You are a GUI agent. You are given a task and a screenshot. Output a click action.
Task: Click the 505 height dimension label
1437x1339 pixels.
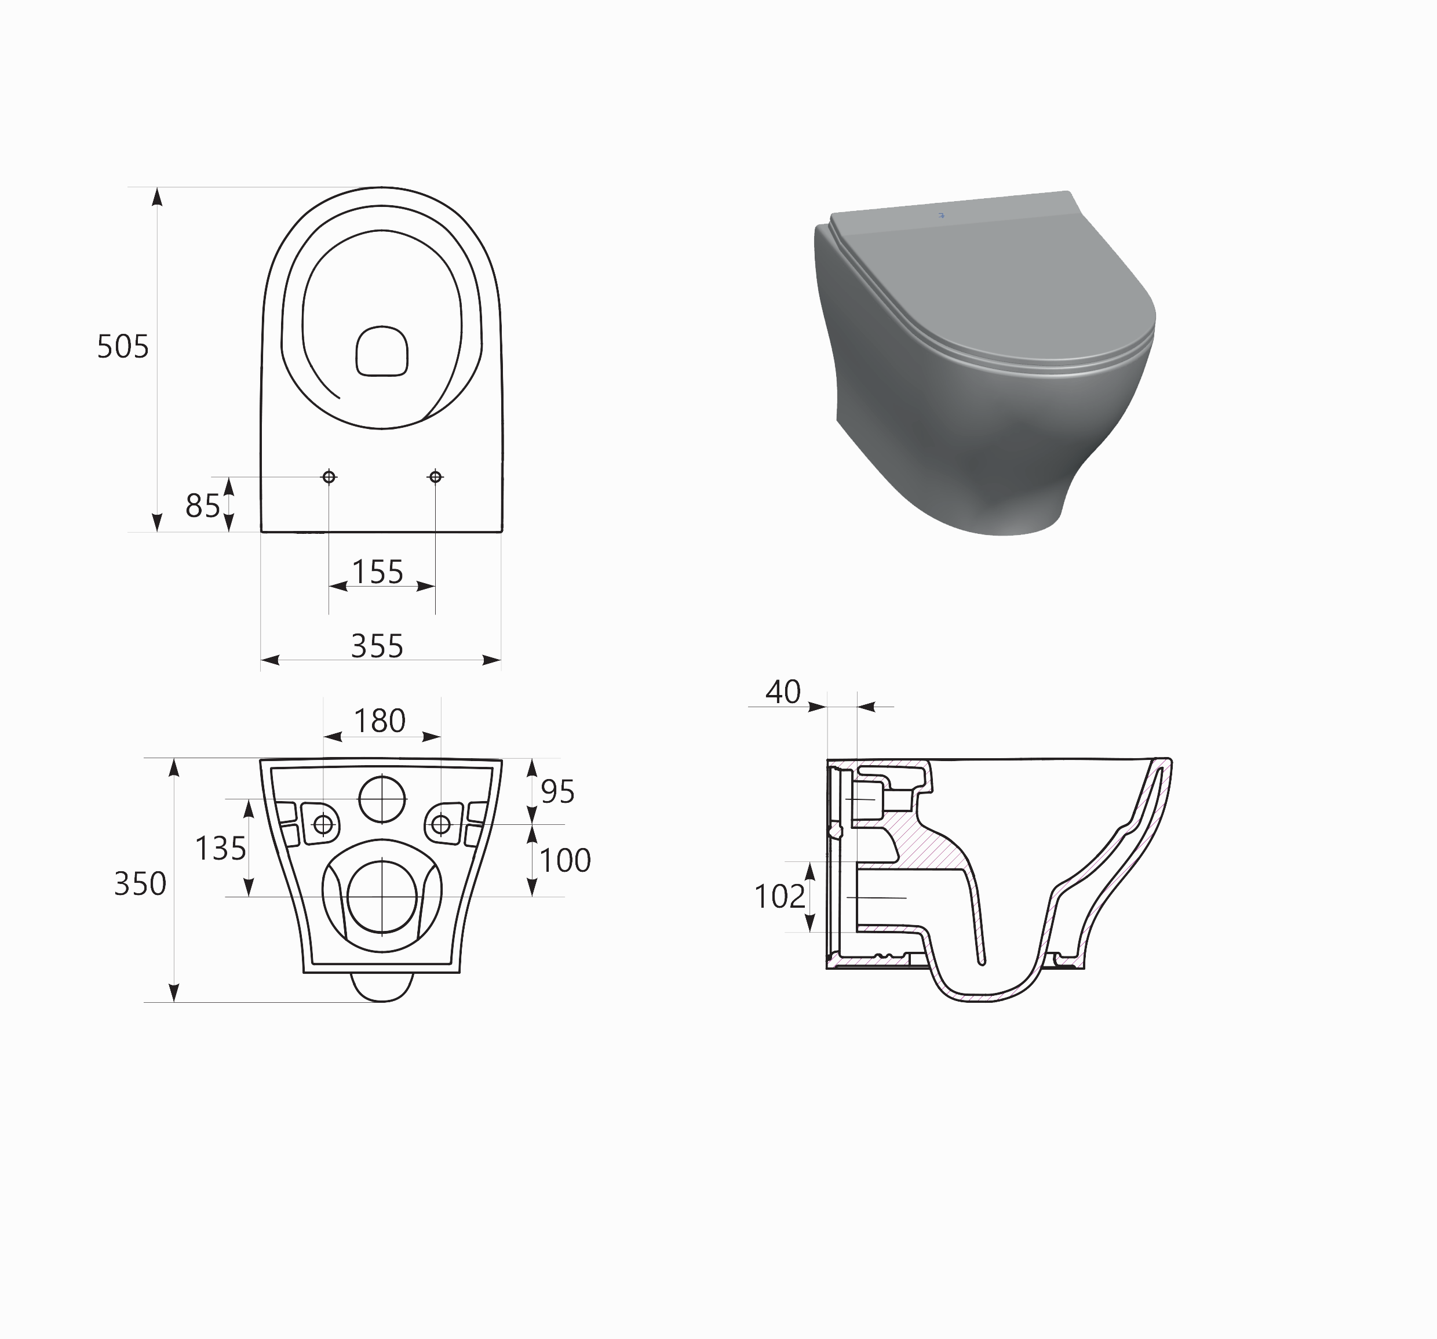pos(123,347)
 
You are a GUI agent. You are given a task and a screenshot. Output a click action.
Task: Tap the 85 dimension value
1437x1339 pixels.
pos(202,506)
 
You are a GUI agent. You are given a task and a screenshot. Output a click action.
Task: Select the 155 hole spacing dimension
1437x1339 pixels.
pos(377,572)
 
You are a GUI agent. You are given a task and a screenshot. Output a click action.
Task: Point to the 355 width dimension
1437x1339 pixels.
pos(377,646)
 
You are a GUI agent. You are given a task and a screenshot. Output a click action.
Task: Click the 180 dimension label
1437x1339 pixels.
pos(380,721)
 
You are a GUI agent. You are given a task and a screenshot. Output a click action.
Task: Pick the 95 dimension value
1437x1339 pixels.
pos(557,792)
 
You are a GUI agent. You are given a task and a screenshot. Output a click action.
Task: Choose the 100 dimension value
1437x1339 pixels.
pos(566,860)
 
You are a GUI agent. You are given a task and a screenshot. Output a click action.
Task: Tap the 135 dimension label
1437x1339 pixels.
pos(220,848)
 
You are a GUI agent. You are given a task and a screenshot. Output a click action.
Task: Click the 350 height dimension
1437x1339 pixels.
pos(140,883)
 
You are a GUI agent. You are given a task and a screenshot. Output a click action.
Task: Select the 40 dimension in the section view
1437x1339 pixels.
pos(783,692)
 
